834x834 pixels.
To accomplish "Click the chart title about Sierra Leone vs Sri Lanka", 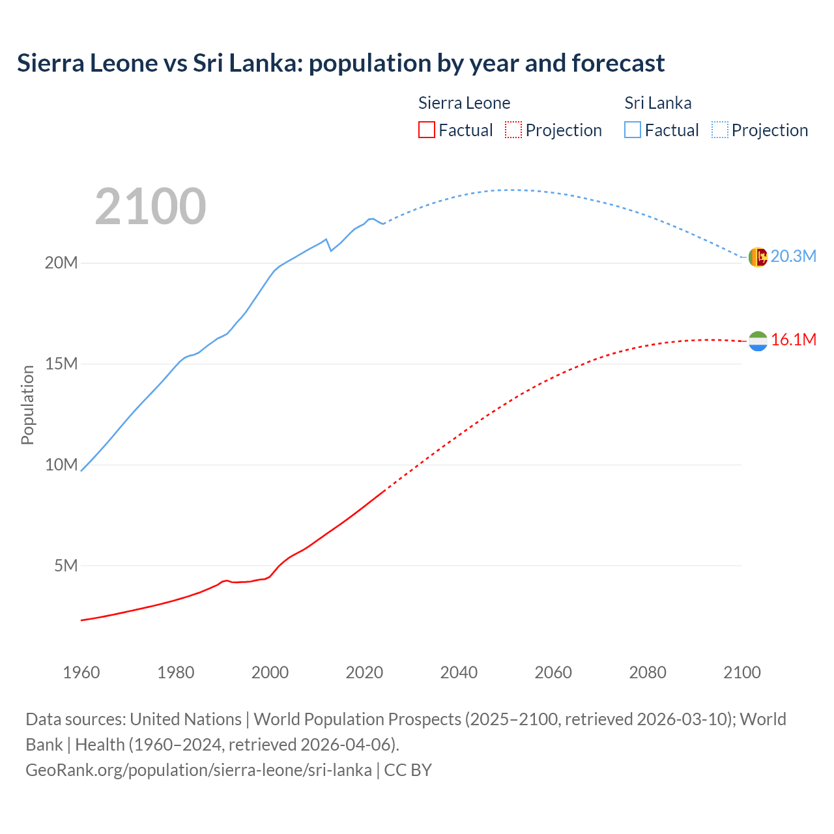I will pyautogui.click(x=341, y=63).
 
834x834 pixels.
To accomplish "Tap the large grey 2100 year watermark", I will pyautogui.click(x=151, y=207).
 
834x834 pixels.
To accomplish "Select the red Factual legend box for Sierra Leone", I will pyautogui.click(x=426, y=130).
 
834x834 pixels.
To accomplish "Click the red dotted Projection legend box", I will pyautogui.click(x=513, y=130).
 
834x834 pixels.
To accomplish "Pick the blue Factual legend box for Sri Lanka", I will pyautogui.click(x=633, y=130).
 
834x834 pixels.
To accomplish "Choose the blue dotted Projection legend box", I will pyautogui.click(x=720, y=130).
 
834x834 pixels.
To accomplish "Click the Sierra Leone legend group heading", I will pyautogui.click(x=464, y=103).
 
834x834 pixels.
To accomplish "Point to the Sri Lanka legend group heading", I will pyautogui.click(x=657, y=103).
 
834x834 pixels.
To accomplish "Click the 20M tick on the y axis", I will pyautogui.click(x=61, y=263).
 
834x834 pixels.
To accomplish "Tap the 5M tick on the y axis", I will pyautogui.click(x=66, y=566).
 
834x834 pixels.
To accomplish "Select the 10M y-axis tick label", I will pyautogui.click(x=61, y=465).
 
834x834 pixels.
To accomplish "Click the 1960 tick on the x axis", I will pyautogui.click(x=81, y=672).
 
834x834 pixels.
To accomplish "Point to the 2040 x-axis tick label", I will pyautogui.click(x=459, y=672).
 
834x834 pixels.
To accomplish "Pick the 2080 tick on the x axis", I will pyautogui.click(x=648, y=672).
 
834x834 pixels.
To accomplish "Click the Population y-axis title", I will pyautogui.click(x=27, y=405).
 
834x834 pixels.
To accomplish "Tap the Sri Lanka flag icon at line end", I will pyautogui.click(x=758, y=257).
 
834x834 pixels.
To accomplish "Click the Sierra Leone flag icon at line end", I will pyautogui.click(x=758, y=341).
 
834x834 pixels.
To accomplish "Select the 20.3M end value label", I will pyautogui.click(x=793, y=256).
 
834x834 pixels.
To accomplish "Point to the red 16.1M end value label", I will pyautogui.click(x=793, y=339).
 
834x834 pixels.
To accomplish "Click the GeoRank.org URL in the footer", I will pyautogui.click(x=199, y=769).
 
